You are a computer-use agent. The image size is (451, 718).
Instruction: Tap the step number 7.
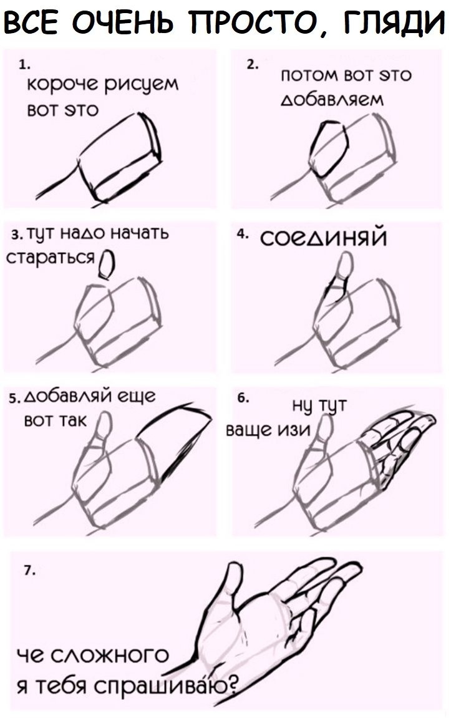[29, 571]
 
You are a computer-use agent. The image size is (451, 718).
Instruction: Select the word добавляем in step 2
[332, 99]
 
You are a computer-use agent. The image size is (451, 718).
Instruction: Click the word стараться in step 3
[51, 258]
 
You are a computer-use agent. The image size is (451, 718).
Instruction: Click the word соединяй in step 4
[323, 238]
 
